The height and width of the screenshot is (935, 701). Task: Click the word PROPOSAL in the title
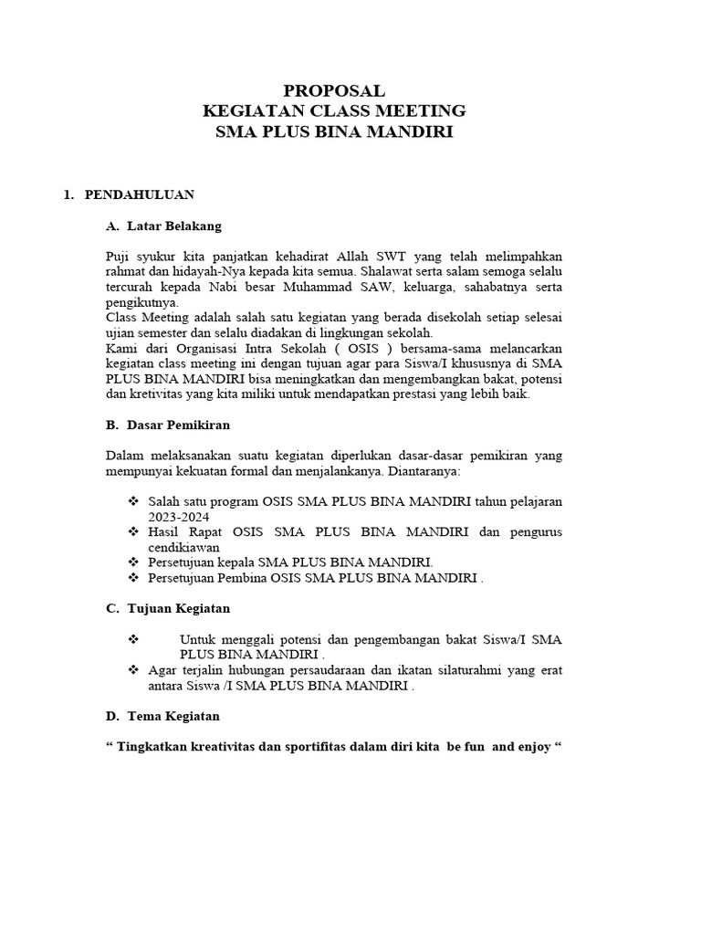point(334,90)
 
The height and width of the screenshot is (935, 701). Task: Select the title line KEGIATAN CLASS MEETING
point(334,111)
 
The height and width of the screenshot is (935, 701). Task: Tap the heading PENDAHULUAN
point(139,194)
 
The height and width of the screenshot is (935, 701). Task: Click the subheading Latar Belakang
point(174,226)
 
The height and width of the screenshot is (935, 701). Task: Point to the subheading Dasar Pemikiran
point(178,425)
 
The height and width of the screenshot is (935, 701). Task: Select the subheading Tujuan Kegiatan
point(178,607)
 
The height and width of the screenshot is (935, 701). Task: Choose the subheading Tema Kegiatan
point(173,716)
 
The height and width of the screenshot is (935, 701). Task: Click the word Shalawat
point(391,271)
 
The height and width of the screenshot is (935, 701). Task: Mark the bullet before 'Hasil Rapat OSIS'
point(133,531)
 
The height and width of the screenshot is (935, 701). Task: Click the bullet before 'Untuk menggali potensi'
point(133,639)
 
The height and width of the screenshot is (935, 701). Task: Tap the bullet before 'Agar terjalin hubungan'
point(133,670)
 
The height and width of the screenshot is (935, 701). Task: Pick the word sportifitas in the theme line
point(313,747)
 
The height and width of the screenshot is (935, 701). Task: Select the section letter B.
point(112,425)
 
